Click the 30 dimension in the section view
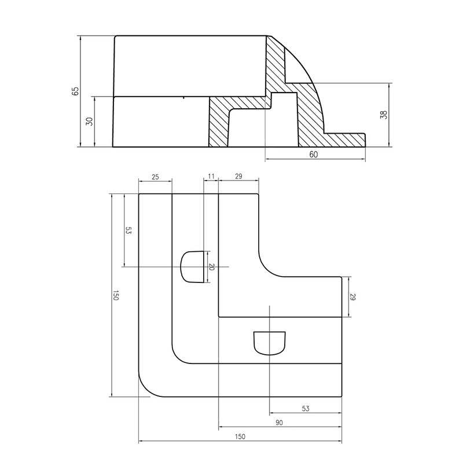pos(89,122)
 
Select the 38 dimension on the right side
pos(383,115)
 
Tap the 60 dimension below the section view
pos(314,155)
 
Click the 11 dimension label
pos(210,176)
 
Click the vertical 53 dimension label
pos(128,230)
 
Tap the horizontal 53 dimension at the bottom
pos(306,409)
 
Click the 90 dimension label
pos(279,423)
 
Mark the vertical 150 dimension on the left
pos(115,296)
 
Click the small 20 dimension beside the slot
pos(211,267)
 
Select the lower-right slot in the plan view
pos(270,342)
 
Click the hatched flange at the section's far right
pos(347,139)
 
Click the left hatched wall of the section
pos(218,122)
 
